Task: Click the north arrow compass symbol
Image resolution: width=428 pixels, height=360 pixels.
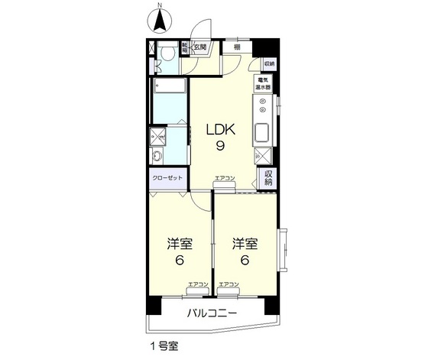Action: click(x=160, y=18)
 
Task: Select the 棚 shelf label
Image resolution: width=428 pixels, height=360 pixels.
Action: click(x=238, y=47)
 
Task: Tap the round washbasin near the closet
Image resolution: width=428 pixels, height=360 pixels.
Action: click(x=158, y=158)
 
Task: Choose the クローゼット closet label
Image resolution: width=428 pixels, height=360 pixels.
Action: click(x=167, y=177)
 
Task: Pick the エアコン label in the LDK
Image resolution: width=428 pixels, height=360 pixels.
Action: click(x=225, y=178)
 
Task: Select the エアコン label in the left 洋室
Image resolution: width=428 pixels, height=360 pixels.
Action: click(x=198, y=284)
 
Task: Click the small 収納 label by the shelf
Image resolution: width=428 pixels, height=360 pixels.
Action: click(x=268, y=65)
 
